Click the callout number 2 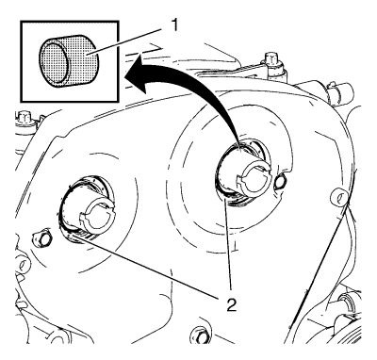232,304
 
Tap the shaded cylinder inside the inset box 69,60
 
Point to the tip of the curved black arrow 125,77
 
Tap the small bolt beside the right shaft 280,181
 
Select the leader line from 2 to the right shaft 229,245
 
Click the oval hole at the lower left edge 22,265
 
